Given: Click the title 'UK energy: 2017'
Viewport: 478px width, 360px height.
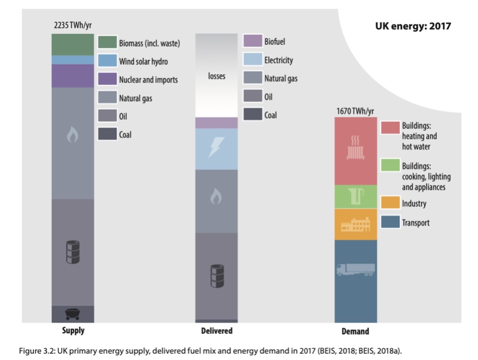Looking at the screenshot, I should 413,25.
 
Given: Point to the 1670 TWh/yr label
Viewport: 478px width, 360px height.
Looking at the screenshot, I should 355,110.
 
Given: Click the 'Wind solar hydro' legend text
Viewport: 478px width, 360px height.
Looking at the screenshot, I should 143,61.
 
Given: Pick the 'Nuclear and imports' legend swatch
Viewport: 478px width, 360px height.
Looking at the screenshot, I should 107,79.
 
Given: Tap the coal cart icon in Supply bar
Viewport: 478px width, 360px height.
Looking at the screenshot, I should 72,313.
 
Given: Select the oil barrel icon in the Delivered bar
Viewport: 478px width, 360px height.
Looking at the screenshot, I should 217,274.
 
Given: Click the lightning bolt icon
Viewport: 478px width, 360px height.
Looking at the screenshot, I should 217,148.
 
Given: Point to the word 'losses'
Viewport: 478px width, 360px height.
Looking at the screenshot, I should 216,76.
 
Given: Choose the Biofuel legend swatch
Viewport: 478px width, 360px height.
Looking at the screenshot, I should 253,41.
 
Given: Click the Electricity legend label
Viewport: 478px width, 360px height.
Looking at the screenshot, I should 279,60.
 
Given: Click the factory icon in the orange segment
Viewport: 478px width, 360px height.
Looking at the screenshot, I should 355,225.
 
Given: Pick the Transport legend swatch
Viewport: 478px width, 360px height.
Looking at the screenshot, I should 390,222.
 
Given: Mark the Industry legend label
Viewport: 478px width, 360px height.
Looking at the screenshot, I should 414,204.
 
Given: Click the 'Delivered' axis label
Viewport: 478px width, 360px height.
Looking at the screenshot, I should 216,331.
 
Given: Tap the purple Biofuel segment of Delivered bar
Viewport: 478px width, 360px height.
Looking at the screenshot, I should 217,123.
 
